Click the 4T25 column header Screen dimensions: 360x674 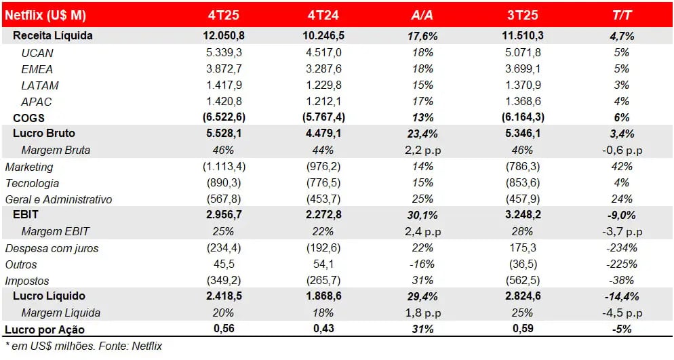[224, 15]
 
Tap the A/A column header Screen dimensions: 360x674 [422, 15]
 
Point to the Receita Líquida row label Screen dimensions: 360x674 [53, 35]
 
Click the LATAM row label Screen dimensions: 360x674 [40, 85]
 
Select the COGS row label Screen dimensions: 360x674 [29, 118]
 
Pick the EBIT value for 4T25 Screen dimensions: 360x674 [224, 216]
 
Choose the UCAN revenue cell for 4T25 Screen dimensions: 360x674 [224, 53]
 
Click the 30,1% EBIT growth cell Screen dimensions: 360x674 [422, 216]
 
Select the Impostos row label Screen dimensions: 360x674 [27, 281]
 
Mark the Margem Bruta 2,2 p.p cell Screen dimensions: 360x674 [422, 150]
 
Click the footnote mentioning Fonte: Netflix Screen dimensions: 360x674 [83, 346]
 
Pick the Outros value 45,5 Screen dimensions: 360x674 [224, 264]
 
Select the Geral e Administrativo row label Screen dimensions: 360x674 [59, 199]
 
